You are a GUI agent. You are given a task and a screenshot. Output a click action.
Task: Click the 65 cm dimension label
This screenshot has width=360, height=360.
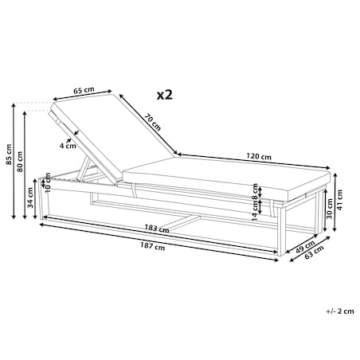tap(84, 90)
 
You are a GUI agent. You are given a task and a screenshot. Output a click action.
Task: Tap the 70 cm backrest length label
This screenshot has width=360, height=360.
tap(153, 122)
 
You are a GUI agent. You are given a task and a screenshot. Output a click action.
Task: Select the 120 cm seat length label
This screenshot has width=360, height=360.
tap(259, 156)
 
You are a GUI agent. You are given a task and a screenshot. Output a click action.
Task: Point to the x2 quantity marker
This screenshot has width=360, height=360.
tap(165, 95)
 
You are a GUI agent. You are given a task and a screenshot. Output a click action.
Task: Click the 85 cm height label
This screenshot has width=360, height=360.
tap(9, 155)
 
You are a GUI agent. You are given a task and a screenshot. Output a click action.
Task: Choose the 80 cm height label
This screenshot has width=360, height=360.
tap(20, 162)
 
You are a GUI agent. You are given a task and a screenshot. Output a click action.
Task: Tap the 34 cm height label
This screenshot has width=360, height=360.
tap(30, 198)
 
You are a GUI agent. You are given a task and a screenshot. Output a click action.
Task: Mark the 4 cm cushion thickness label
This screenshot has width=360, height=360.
tap(68, 146)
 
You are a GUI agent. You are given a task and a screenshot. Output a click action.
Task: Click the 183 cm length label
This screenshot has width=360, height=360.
tap(157, 229)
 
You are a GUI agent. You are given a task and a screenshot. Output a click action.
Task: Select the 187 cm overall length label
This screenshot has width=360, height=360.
tap(153, 246)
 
